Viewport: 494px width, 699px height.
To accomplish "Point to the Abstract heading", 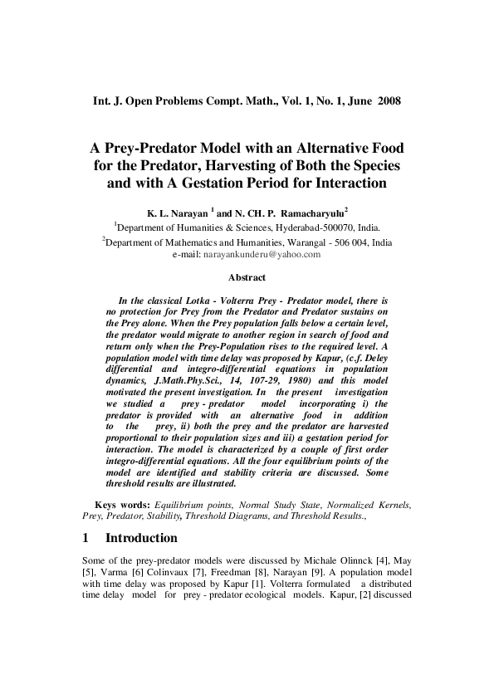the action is pyautogui.click(x=247, y=277).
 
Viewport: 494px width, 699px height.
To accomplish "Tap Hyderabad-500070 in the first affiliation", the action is pyautogui.click(x=311, y=226).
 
